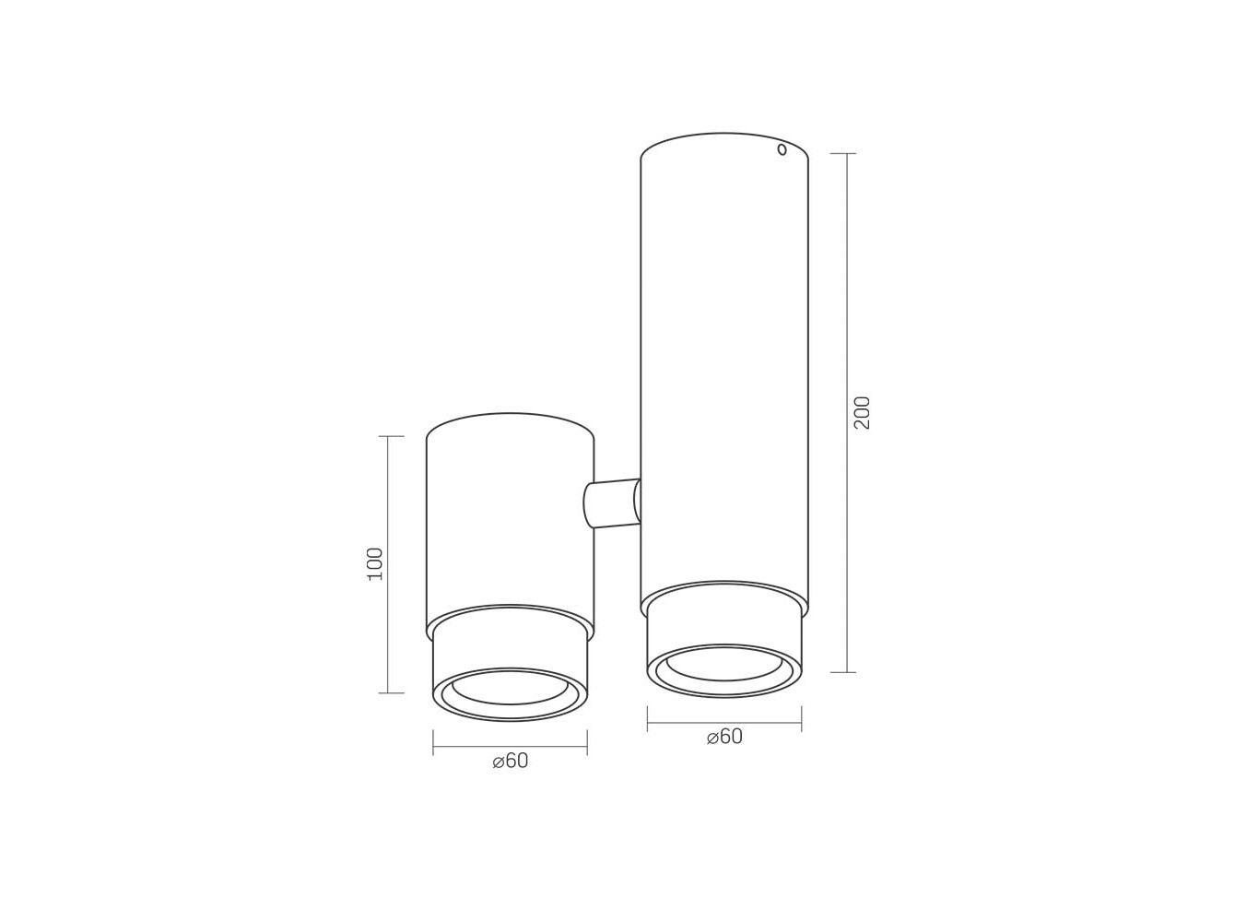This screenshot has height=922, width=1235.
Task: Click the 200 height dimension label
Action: (x=862, y=412)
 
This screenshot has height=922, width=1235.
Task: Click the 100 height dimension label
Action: (x=375, y=564)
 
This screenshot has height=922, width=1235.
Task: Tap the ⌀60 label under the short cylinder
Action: (x=511, y=761)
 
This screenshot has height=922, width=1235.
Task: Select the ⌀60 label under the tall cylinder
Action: (x=724, y=737)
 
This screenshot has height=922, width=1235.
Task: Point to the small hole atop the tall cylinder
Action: (x=782, y=149)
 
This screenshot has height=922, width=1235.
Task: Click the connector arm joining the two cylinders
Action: (x=612, y=502)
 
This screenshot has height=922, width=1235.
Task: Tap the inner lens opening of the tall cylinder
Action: (x=724, y=665)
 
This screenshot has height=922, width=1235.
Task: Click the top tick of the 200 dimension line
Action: (x=842, y=153)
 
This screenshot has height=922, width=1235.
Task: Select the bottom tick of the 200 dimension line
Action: (x=842, y=672)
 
